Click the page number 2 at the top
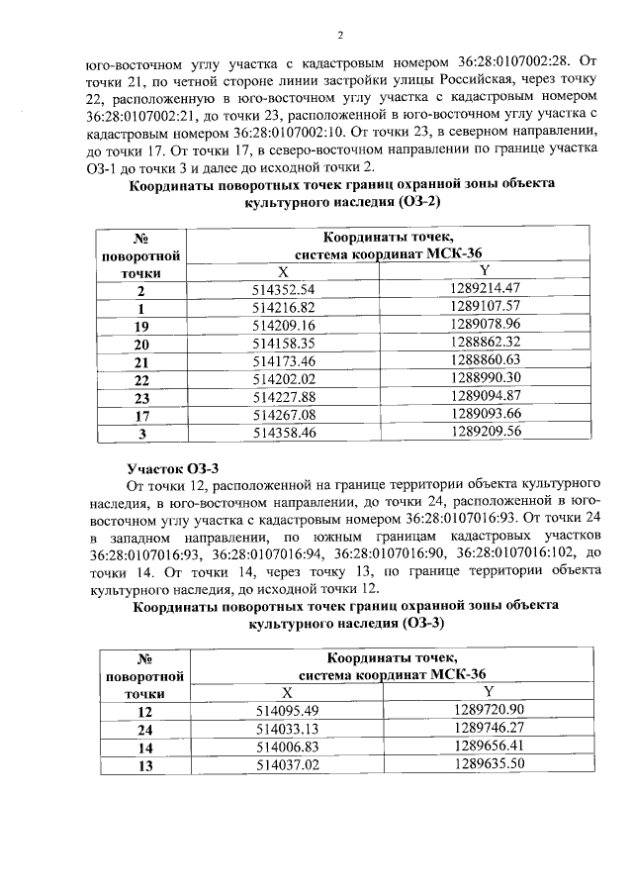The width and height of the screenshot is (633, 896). (x=338, y=37)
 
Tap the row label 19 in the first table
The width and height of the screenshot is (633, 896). (x=140, y=326)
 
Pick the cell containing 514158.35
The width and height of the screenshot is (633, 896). (x=283, y=344)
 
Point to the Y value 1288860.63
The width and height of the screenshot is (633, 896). (x=485, y=361)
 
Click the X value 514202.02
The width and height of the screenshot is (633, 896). (x=283, y=379)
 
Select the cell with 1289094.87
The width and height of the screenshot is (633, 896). (x=485, y=397)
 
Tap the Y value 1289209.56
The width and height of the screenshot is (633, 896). (x=485, y=433)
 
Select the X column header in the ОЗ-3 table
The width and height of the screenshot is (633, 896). (x=287, y=693)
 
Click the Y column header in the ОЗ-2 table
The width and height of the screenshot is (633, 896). (x=485, y=271)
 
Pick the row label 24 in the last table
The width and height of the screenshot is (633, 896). (x=145, y=730)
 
